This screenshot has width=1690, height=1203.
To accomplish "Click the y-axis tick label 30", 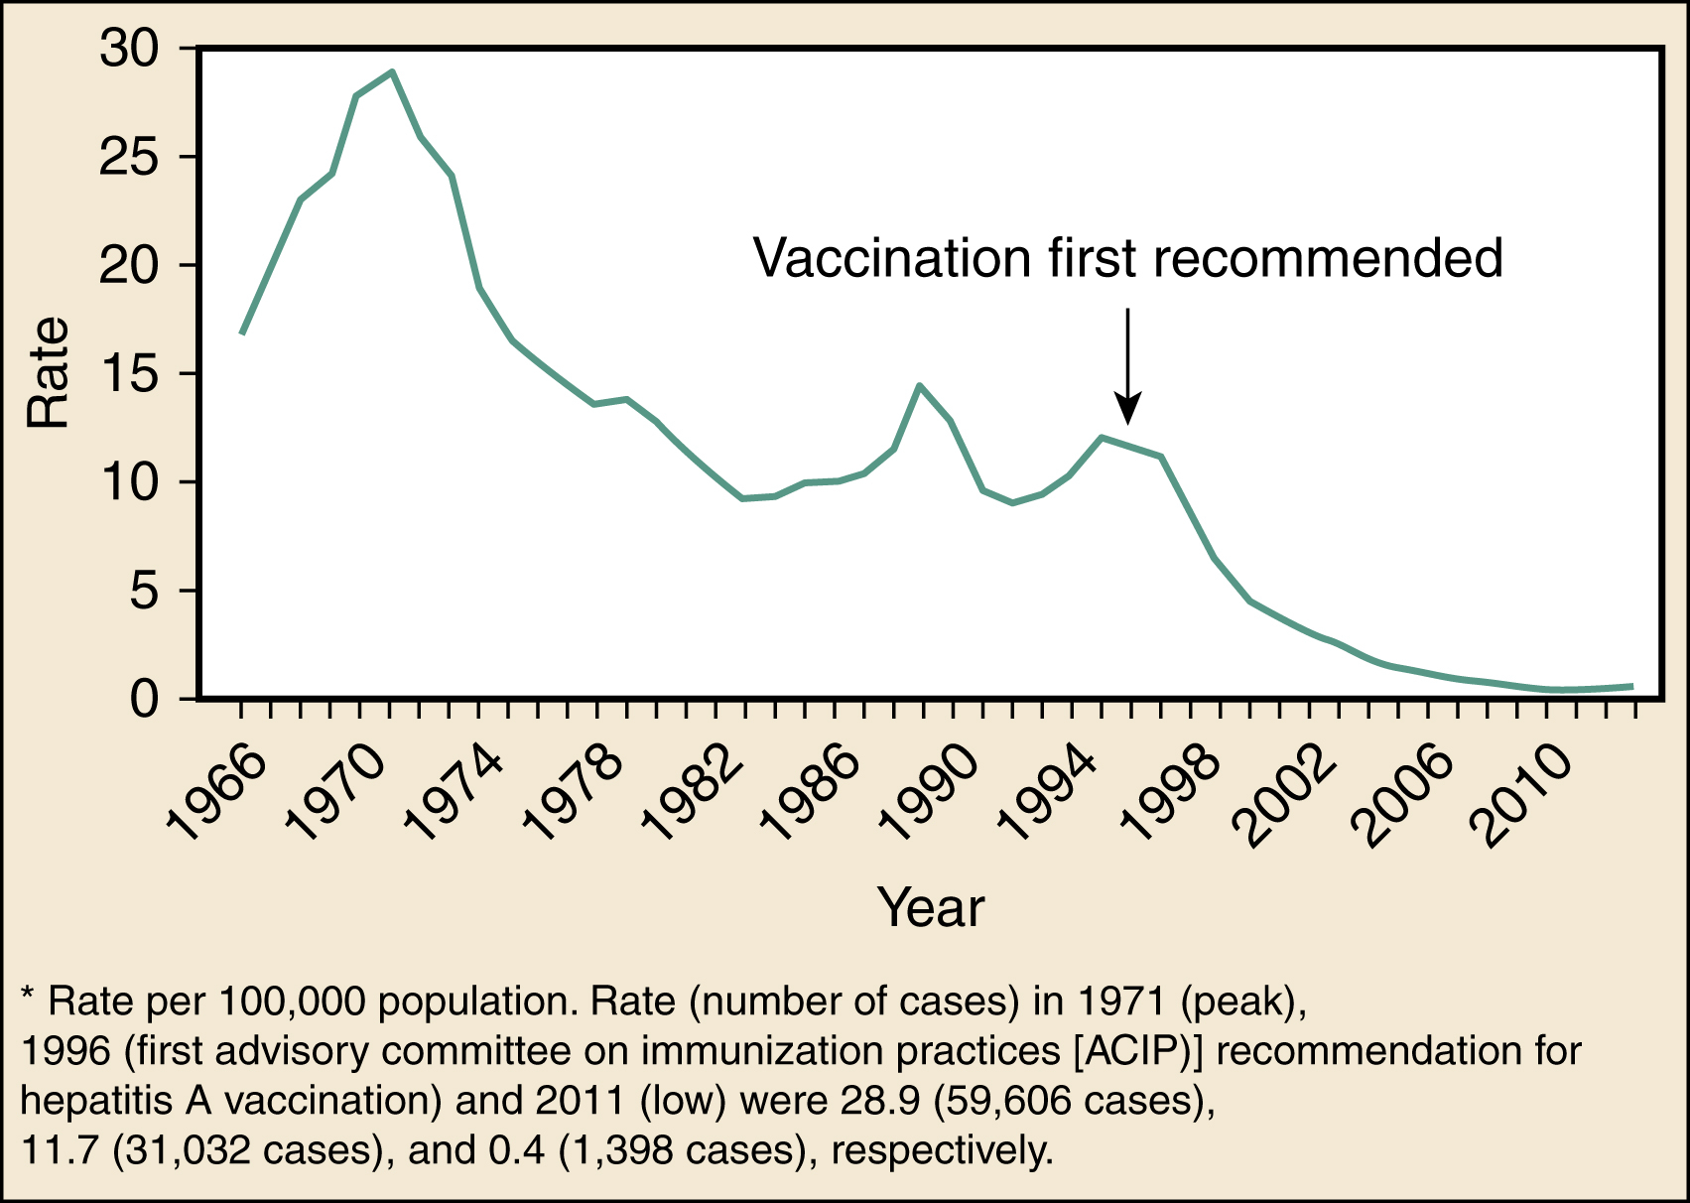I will point(129,49).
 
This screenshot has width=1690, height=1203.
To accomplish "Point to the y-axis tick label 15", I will point(129,374).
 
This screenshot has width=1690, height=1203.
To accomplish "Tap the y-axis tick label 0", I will point(143,699).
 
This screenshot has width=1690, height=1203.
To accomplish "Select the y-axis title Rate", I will point(48,373).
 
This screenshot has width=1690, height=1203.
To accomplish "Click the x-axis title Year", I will point(930,907).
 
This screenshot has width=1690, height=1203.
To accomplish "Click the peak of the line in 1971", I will point(392,71).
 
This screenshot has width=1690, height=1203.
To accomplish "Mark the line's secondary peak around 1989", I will point(920,385).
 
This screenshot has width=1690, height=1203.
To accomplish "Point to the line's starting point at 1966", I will point(242,333).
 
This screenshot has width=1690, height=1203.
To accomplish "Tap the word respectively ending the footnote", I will point(941,1151).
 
